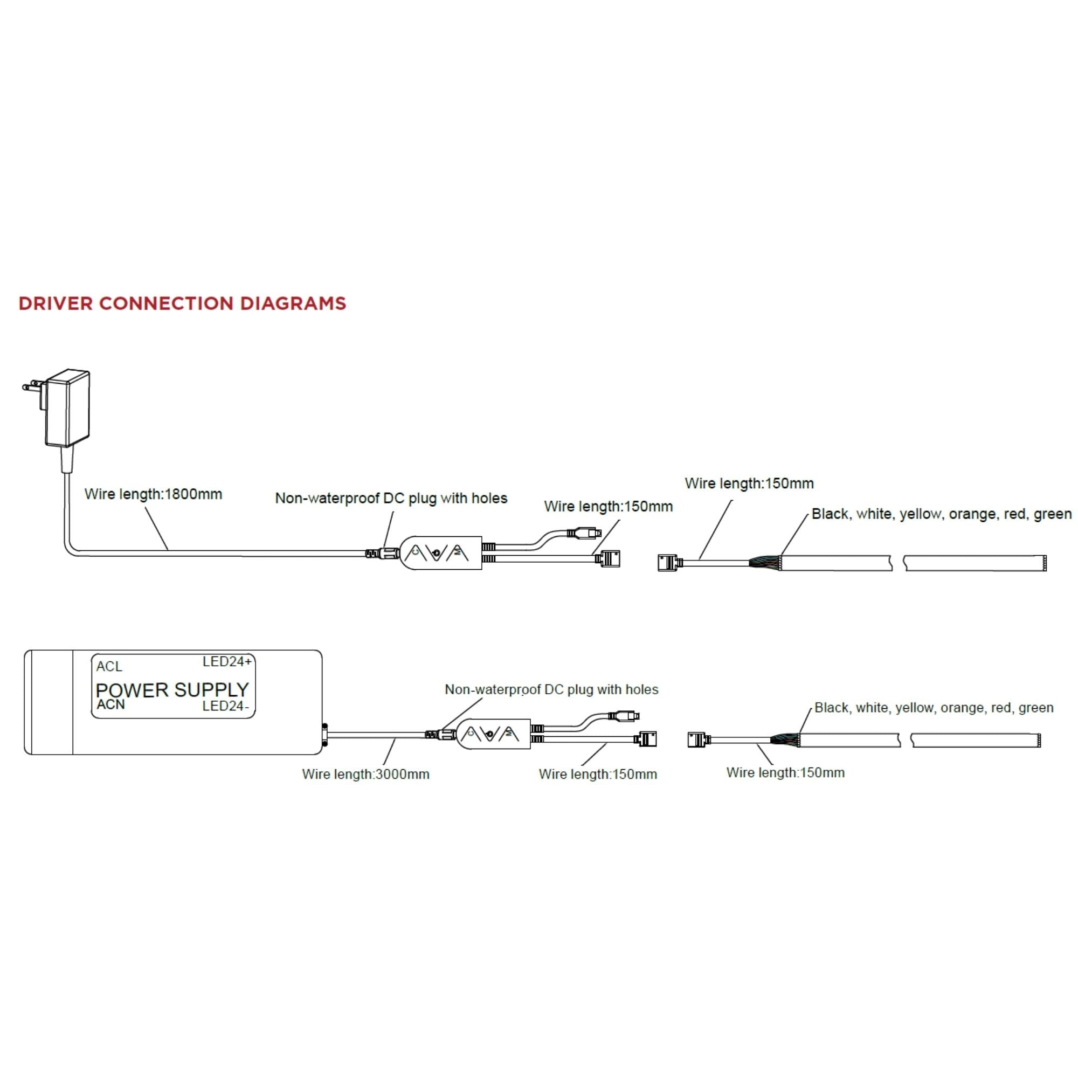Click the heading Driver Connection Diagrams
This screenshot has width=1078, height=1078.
click(183, 303)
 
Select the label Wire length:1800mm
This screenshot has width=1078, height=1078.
click(153, 494)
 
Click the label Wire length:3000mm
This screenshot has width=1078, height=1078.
click(365, 775)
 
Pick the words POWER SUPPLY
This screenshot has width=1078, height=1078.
click(172, 690)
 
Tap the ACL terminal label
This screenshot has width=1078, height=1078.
click(109, 667)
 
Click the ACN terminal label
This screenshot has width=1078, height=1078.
click(110, 704)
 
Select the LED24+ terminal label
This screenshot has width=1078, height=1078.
click(226, 662)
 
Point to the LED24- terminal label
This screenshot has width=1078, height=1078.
click(225, 707)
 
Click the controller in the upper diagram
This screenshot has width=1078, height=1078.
click(441, 553)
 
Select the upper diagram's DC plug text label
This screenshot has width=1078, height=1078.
click(391, 498)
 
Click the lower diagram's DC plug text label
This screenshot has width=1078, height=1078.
click(551, 690)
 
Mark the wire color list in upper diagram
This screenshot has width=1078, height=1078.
click(941, 514)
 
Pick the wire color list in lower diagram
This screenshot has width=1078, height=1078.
click(934, 708)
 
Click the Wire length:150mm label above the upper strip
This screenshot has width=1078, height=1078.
click(749, 484)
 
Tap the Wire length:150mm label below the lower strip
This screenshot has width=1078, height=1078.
click(785, 773)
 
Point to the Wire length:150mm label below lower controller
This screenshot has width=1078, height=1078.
click(598, 775)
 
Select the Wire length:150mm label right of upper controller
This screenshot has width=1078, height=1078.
click(608, 507)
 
